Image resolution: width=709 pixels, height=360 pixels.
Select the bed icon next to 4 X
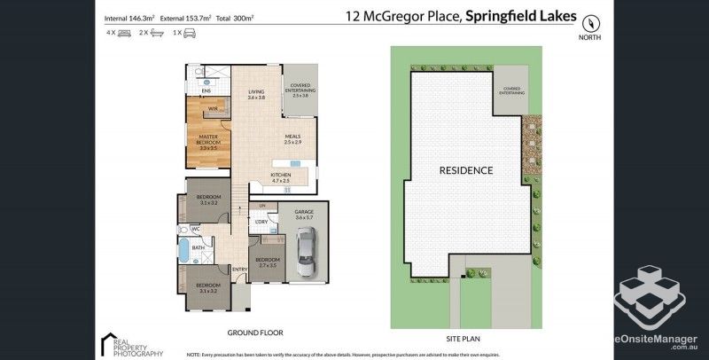pos(124,33)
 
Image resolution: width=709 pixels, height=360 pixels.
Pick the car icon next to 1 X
pos(189,33)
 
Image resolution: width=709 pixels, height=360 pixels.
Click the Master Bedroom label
pos(209,140)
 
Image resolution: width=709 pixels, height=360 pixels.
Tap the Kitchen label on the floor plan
pos(281,177)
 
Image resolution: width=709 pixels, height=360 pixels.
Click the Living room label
pos(256,94)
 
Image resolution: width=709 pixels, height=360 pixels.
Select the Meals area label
pos(292,140)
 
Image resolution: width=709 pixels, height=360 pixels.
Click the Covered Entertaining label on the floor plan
pos(300,90)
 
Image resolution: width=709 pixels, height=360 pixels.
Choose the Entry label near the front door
pos(239,270)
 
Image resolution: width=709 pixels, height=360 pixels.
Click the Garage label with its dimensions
pos(304,215)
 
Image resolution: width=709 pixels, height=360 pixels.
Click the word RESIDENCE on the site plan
pos(465,169)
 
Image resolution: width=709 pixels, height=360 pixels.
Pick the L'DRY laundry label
pos(261,222)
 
